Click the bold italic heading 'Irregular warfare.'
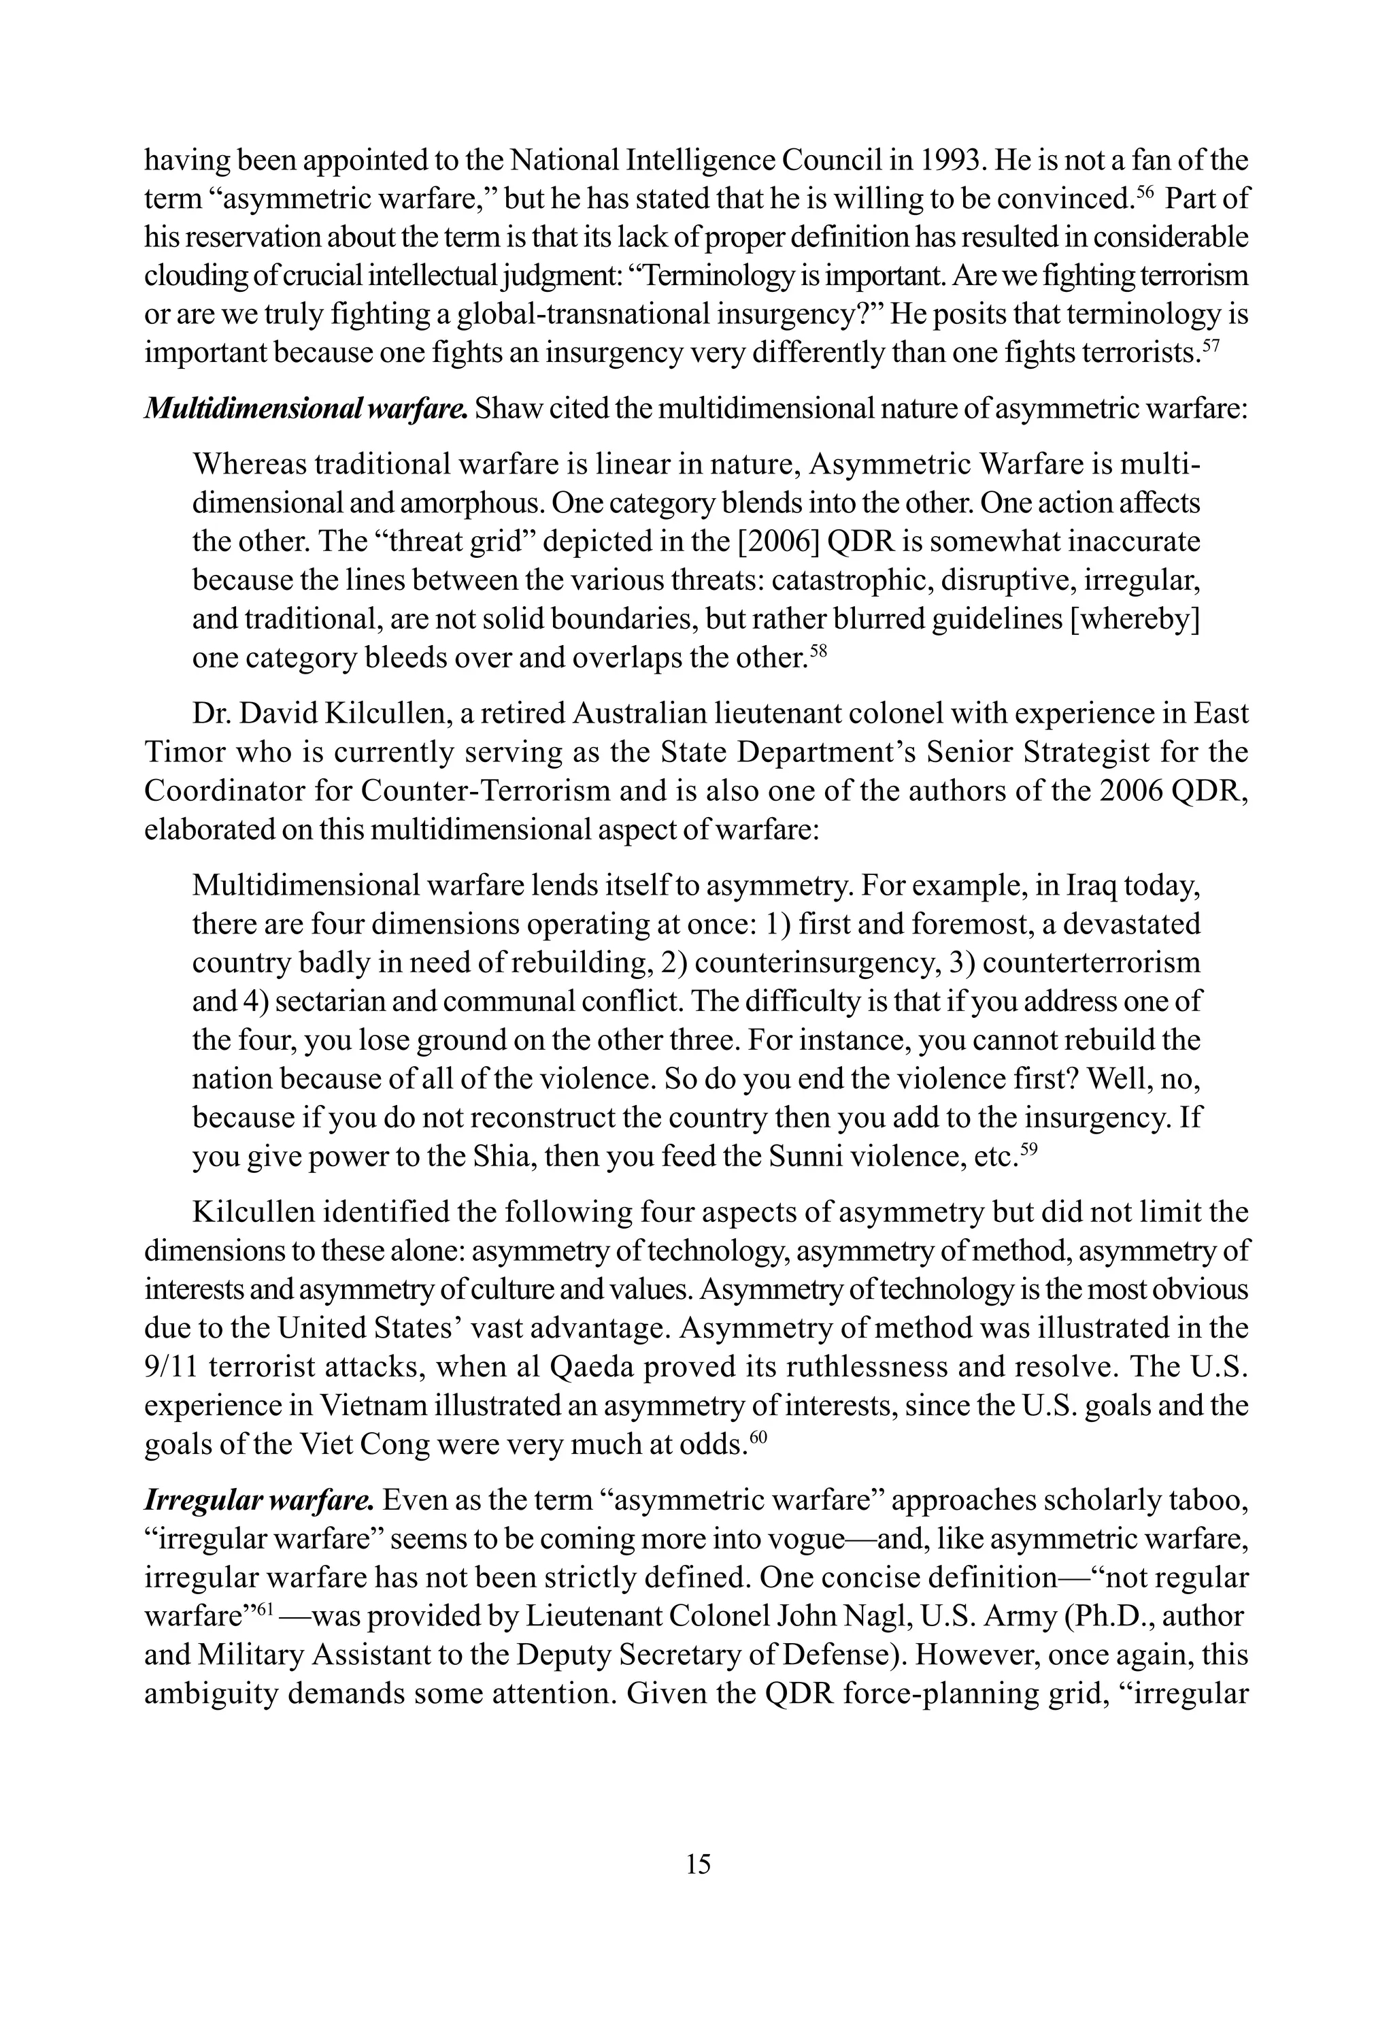tap(259, 1500)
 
